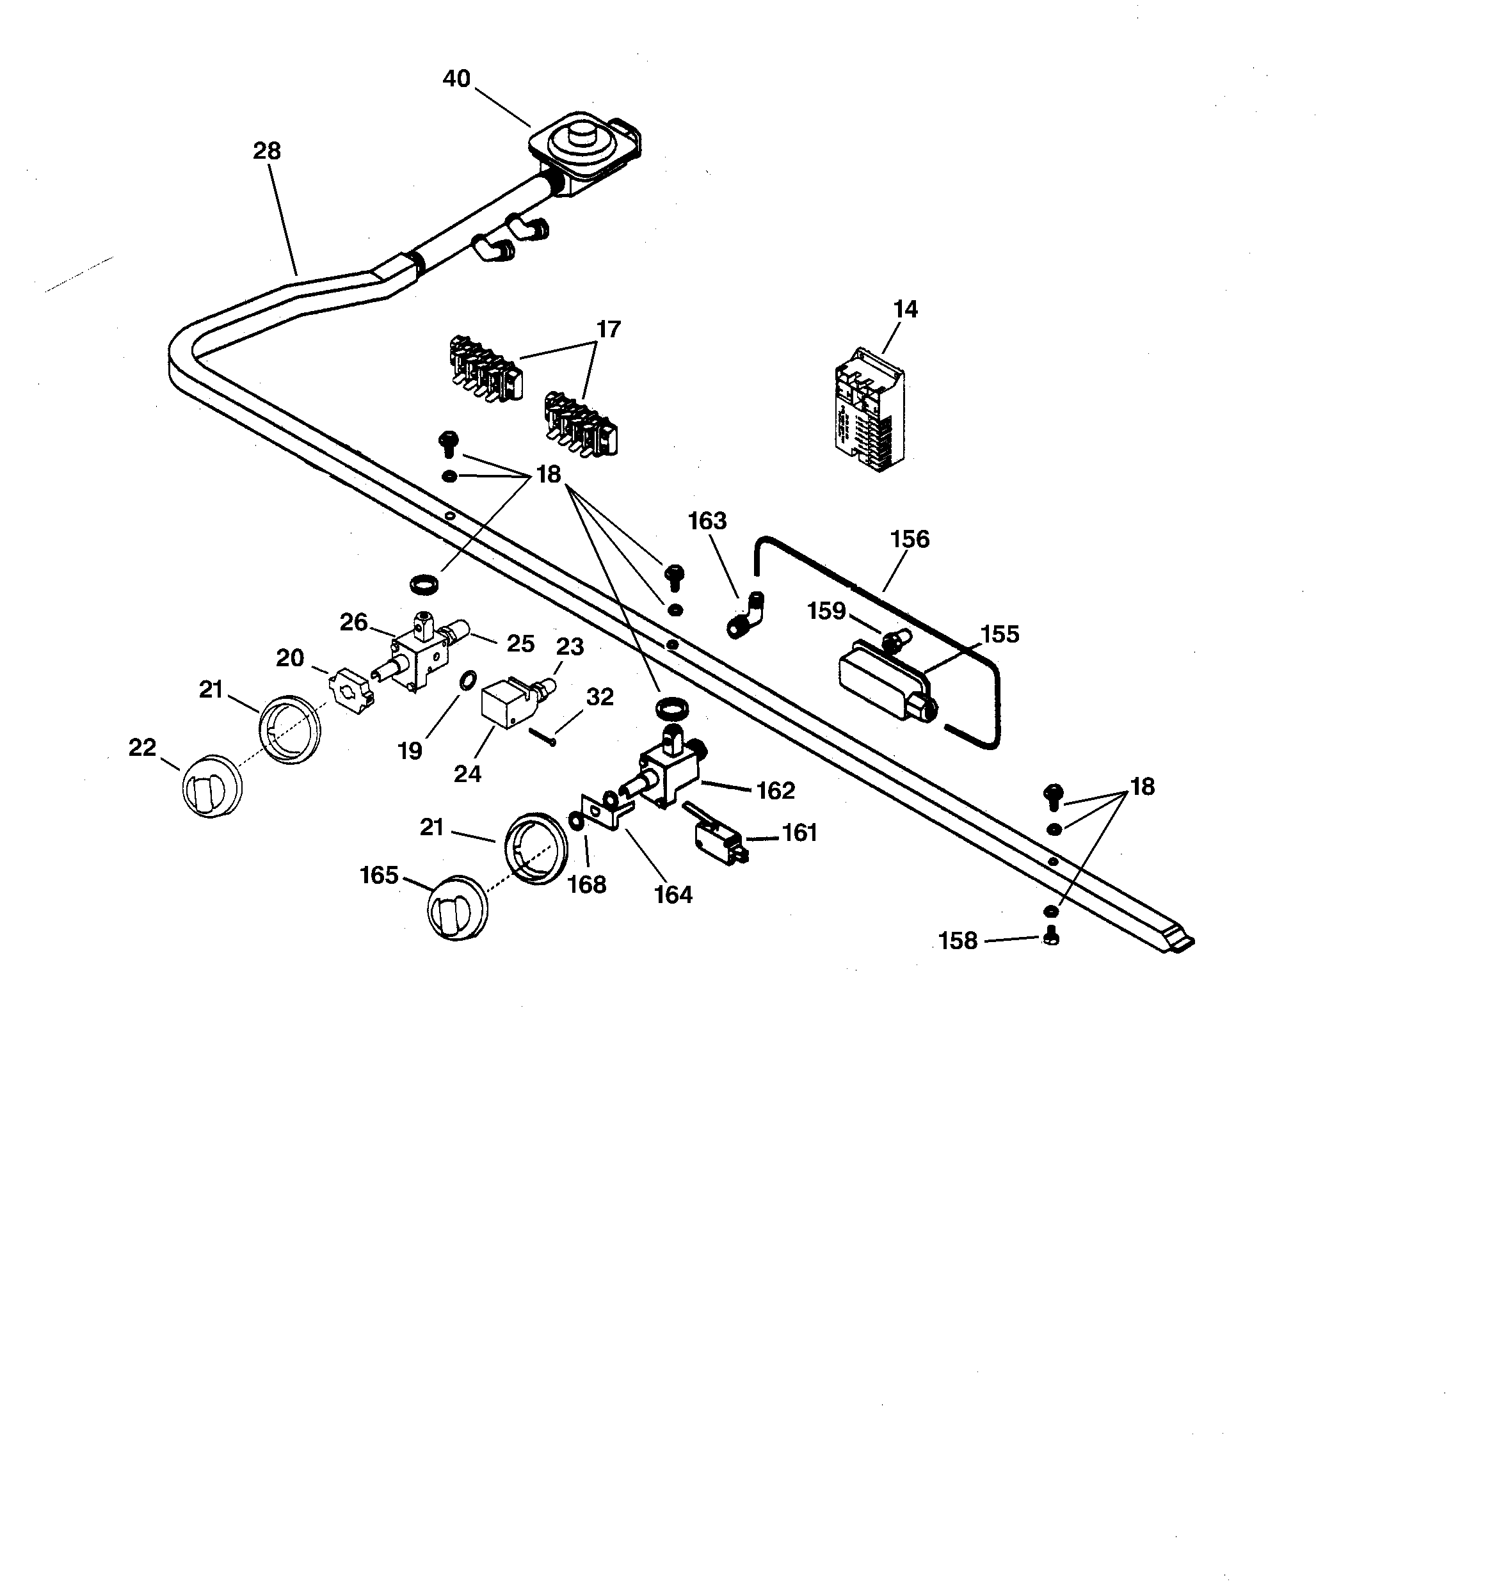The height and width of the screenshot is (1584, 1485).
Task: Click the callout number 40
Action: [457, 79]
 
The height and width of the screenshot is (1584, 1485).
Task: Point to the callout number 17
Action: [608, 329]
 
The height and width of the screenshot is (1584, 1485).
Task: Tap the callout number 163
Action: [707, 521]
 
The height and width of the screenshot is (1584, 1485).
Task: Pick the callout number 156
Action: [910, 540]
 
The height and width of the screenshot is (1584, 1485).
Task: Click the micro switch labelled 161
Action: [718, 837]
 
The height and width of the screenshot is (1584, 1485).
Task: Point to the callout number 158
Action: [958, 941]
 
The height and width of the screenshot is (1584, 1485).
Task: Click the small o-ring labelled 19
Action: [469, 680]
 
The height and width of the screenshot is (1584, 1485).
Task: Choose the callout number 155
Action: [1000, 634]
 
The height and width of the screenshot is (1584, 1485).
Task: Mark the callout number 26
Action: [353, 621]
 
